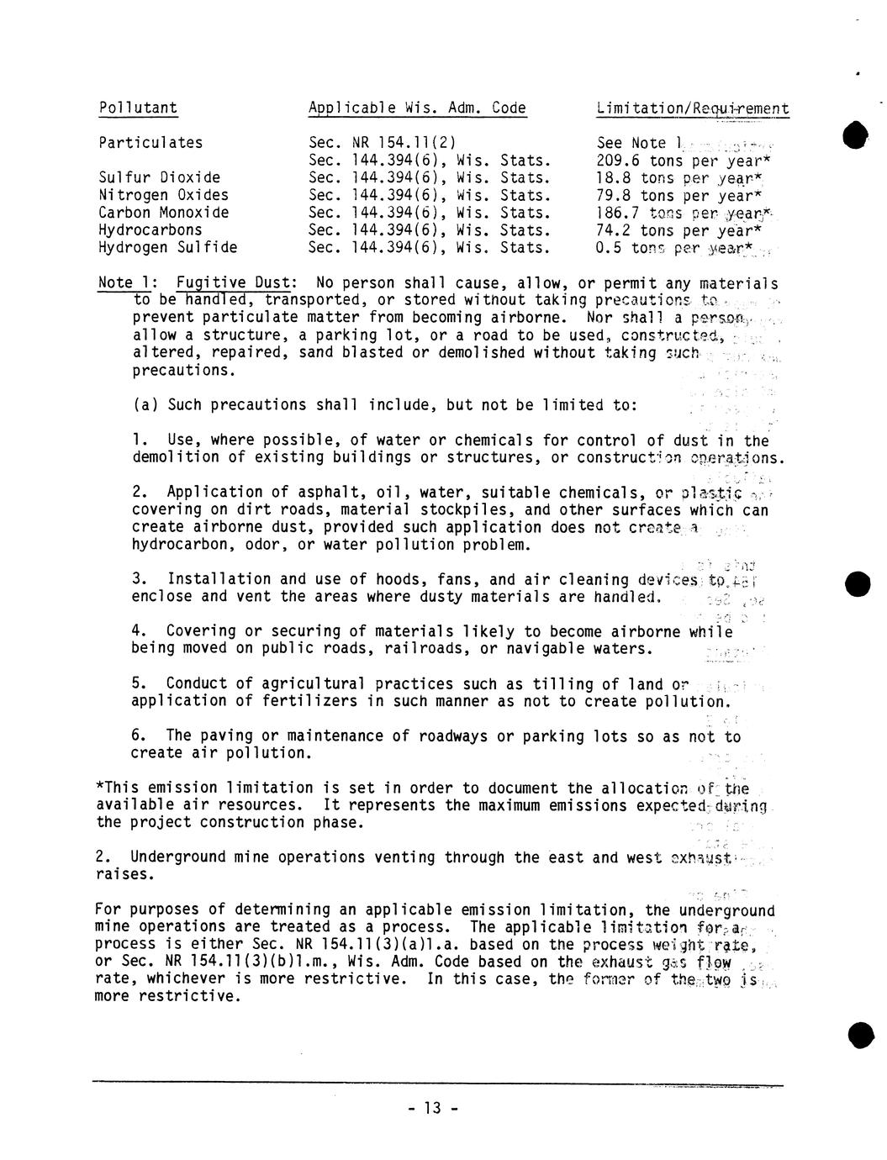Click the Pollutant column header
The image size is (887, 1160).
point(138,108)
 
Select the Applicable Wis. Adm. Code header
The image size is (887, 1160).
point(417,108)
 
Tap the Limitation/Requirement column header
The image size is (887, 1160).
point(692,108)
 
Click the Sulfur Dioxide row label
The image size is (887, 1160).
point(160,177)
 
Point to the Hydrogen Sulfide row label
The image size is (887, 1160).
point(167,247)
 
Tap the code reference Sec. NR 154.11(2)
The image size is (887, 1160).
point(383,143)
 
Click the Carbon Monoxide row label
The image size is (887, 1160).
point(163,213)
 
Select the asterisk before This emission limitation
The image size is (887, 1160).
point(100,787)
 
